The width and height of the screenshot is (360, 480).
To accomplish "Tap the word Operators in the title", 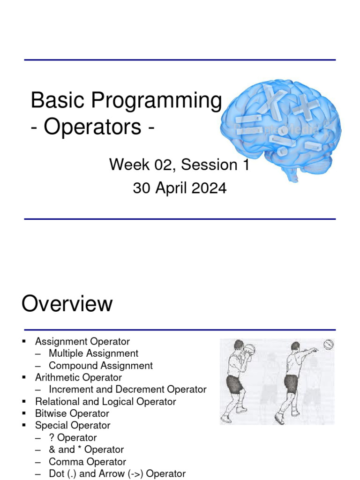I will tap(92, 127).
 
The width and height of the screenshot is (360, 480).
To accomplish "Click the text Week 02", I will tap(141, 165).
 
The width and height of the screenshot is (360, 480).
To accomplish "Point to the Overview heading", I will tap(67, 304).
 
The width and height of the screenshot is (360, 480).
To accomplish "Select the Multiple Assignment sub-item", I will tap(93, 353).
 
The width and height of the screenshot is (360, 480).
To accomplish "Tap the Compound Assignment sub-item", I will tap(101, 366).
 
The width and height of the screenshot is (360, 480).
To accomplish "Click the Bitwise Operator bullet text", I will tap(72, 413).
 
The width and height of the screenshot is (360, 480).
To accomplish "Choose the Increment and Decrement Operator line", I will tap(127, 390).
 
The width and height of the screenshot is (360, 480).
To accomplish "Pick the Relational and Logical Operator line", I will tap(105, 402).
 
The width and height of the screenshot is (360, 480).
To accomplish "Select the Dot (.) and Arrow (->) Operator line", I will tap(117, 473).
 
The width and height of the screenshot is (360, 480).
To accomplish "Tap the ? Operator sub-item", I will tap(73, 438).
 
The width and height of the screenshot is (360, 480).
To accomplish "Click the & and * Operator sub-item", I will tap(86, 450).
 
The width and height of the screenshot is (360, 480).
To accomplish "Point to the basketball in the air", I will tap(328, 345).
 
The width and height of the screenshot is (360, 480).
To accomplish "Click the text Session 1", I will tap(215, 165).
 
